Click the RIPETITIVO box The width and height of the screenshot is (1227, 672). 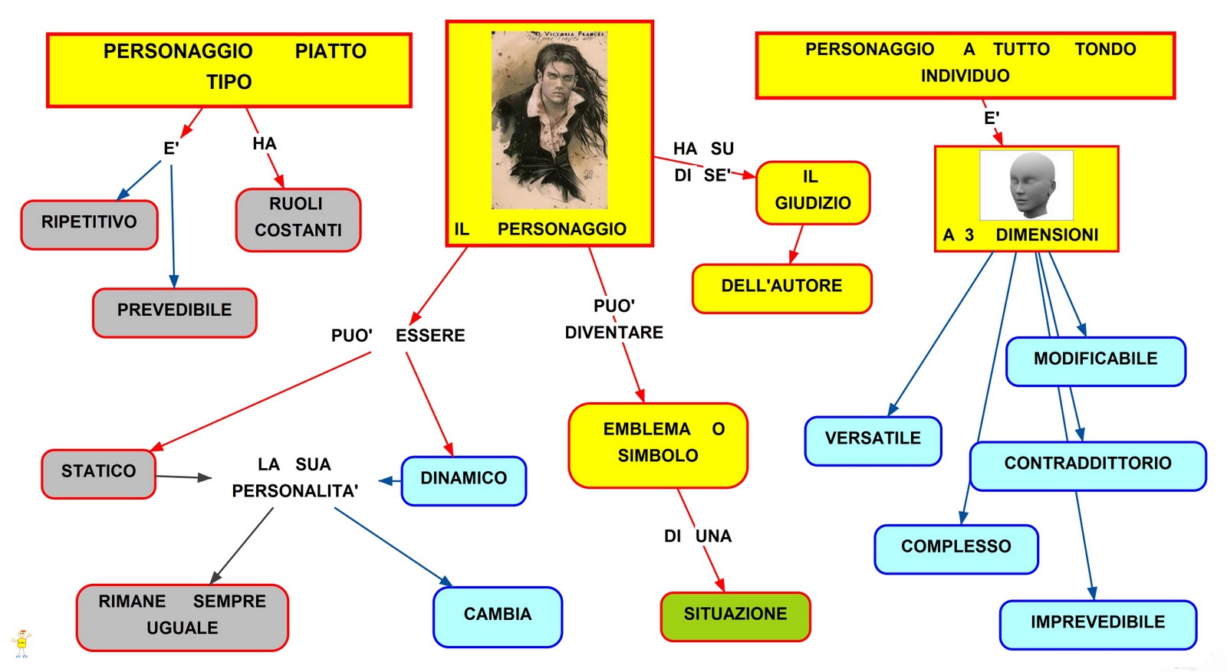89,225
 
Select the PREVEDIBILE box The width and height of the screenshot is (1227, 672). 174,312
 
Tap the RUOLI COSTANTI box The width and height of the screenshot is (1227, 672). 298,219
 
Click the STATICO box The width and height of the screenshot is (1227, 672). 98,474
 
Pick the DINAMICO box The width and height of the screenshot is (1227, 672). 463,480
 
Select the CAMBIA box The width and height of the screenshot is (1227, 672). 497,616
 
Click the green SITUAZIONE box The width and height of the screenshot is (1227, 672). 735,616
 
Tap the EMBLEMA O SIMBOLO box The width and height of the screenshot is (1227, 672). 657,444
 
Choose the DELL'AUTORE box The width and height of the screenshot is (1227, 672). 781,288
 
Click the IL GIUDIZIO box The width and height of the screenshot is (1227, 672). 812,192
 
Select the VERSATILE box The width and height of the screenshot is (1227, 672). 873,441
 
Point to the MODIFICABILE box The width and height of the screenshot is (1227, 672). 1095,361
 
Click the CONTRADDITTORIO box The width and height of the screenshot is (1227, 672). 1087,465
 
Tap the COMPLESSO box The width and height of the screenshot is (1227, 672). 956,549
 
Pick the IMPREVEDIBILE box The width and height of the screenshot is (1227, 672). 1097,624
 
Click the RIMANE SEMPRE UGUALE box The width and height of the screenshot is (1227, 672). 182,617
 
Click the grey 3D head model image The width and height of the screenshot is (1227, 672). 1028,185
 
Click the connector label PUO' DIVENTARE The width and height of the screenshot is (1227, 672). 613,320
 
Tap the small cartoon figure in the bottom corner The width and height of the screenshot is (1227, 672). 21,643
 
